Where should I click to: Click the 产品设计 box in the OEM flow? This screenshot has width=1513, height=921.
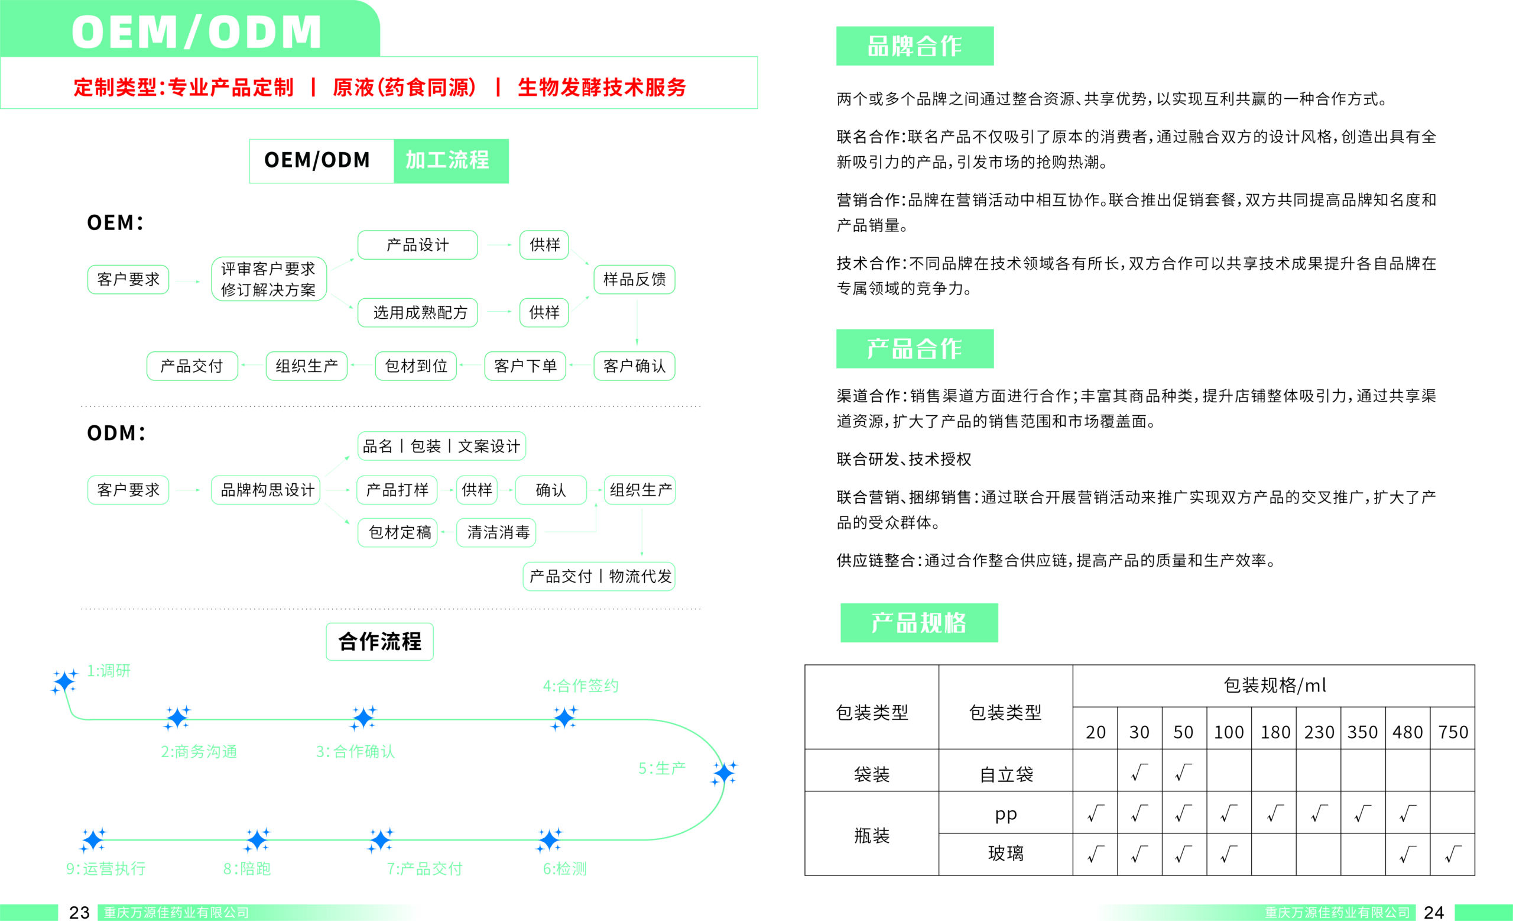[x=417, y=245]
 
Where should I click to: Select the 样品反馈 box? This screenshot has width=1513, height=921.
[x=634, y=280]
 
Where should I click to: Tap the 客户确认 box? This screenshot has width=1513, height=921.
[x=634, y=366]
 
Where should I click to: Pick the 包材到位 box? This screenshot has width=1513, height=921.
[x=415, y=366]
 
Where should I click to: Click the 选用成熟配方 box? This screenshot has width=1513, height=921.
[x=417, y=313]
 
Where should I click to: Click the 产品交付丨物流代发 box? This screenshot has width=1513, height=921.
[x=599, y=576]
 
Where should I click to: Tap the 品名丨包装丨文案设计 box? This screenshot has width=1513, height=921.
[x=441, y=446]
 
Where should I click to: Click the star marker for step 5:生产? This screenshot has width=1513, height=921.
[x=724, y=773]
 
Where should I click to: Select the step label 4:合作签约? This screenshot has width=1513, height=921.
[x=580, y=686]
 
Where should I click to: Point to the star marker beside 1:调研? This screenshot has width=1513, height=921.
[x=64, y=682]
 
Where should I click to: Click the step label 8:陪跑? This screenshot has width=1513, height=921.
[x=247, y=869]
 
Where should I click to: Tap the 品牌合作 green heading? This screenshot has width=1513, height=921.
[x=915, y=46]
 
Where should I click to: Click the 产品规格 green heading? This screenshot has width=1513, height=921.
[x=919, y=623]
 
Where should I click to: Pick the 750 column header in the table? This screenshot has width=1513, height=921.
[x=1453, y=732]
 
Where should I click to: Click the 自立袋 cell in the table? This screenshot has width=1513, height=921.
[x=1006, y=774]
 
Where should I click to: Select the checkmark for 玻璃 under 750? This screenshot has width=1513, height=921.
[x=1453, y=854]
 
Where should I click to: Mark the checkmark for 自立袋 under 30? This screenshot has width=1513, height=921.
[x=1139, y=773]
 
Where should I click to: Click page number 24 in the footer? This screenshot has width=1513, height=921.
[x=1434, y=912]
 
